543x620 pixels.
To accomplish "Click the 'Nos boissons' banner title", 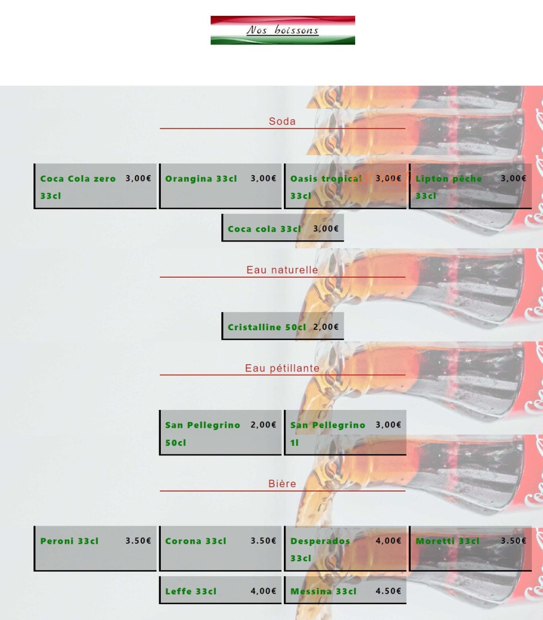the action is pyautogui.click(x=283, y=30).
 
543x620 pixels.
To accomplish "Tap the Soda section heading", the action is pyautogui.click(x=282, y=121).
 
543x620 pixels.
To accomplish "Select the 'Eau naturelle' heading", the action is pyautogui.click(x=282, y=269).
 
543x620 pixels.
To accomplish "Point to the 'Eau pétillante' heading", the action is pyautogui.click(x=282, y=368).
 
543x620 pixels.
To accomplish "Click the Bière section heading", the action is pyautogui.click(x=282, y=483).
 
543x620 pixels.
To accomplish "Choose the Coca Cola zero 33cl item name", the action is pyautogui.click(x=78, y=187).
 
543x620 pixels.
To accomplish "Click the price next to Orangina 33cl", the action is pyautogui.click(x=263, y=178).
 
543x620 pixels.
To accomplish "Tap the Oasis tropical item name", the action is pyautogui.click(x=326, y=187).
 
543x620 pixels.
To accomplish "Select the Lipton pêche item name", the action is pyautogui.click(x=449, y=187).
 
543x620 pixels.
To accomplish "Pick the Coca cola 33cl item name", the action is pyautogui.click(x=265, y=229).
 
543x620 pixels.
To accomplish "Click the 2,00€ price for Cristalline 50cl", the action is pyautogui.click(x=326, y=327).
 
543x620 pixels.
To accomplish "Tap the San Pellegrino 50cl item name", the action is pyautogui.click(x=203, y=434).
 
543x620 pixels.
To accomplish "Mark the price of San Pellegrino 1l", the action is pyautogui.click(x=388, y=425).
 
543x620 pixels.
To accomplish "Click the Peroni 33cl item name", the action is pyautogui.click(x=69, y=541).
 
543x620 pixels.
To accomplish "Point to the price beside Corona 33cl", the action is pyautogui.click(x=263, y=540).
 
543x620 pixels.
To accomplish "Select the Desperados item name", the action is pyautogui.click(x=320, y=550).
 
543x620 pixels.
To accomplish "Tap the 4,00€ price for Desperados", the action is pyautogui.click(x=388, y=540).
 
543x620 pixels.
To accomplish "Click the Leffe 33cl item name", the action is pyautogui.click(x=191, y=591).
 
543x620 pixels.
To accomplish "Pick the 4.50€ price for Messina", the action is pyautogui.click(x=388, y=591).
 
